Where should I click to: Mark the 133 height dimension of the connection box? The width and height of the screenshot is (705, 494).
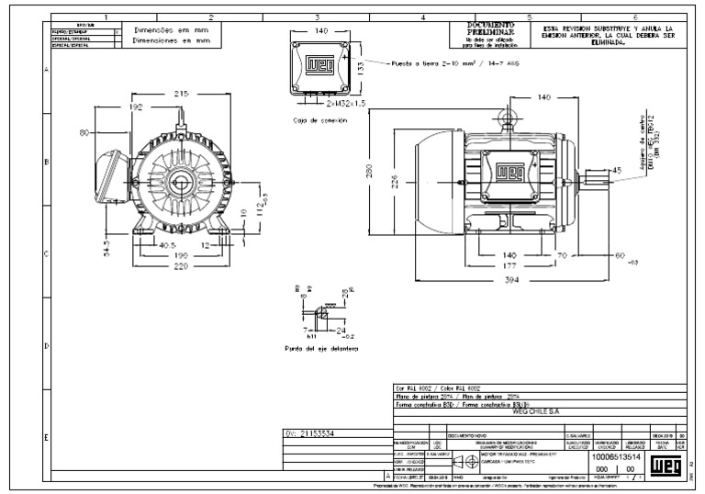[360, 67]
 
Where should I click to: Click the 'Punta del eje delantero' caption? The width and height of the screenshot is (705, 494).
[320, 349]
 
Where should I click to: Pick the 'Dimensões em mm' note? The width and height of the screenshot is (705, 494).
[172, 29]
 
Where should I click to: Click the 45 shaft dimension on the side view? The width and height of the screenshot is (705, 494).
[617, 170]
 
